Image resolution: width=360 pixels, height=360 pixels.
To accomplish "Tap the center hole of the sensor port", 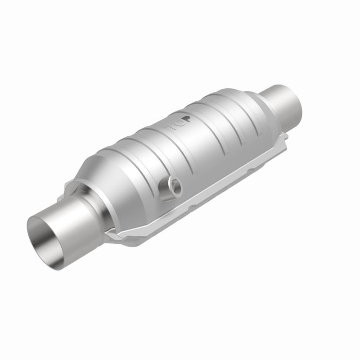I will pyautogui.click(x=174, y=184).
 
